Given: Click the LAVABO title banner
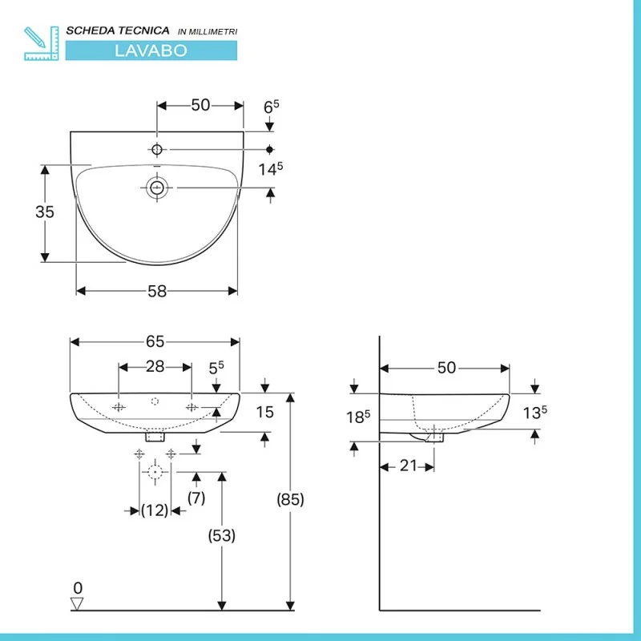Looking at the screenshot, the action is pyautogui.click(x=151, y=50).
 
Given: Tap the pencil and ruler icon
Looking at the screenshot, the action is pyautogui.click(x=42, y=43).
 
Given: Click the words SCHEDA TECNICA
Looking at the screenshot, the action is pyautogui.click(x=118, y=30).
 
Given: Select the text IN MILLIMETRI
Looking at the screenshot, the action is pyautogui.click(x=208, y=32).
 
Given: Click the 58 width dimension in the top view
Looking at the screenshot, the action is pyautogui.click(x=157, y=292).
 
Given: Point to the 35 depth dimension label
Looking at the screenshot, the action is pyautogui.click(x=45, y=212).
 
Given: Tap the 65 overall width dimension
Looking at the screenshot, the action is pyautogui.click(x=155, y=342).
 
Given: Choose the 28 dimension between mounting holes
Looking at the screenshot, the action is pyautogui.click(x=155, y=367).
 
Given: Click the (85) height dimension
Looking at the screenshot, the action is pyautogui.click(x=290, y=499).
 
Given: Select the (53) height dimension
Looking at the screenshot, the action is pyautogui.click(x=222, y=535).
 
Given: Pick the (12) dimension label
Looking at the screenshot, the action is pyautogui.click(x=155, y=510).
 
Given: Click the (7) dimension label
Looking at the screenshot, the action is pyautogui.click(x=196, y=498).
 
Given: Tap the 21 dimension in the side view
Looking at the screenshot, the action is pyautogui.click(x=409, y=466).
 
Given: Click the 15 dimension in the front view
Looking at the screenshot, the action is pyautogui.click(x=265, y=412).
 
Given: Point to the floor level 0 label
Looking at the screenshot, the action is pyautogui.click(x=78, y=588).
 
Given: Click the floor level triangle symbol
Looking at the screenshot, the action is pyautogui.click(x=77, y=604).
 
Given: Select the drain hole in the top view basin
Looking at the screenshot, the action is pyautogui.click(x=157, y=187).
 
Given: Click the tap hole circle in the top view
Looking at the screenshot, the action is pyautogui.click(x=157, y=150).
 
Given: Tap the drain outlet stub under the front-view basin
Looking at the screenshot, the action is pyautogui.click(x=155, y=437).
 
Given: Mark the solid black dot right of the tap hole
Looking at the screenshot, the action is pyautogui.click(x=269, y=150).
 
